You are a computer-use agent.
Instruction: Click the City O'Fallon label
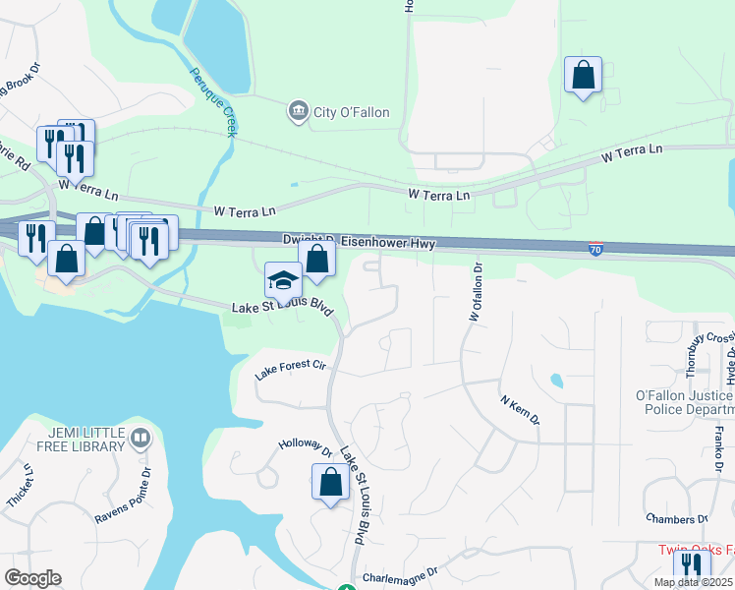(351, 112)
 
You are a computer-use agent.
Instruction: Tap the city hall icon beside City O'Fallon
(298, 112)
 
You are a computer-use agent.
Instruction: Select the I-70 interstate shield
(595, 250)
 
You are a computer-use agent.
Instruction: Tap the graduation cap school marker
(283, 281)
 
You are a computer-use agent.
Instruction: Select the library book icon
(141, 439)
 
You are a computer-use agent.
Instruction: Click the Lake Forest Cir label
(289, 370)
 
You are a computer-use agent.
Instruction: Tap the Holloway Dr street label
(306, 447)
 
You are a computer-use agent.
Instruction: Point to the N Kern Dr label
(520, 410)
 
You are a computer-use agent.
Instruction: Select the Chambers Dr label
(677, 519)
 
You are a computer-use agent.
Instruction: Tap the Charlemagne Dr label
(399, 575)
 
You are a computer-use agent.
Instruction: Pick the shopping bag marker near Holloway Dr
(330, 483)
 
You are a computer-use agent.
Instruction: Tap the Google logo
(32, 578)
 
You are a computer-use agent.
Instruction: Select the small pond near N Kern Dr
(557, 380)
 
